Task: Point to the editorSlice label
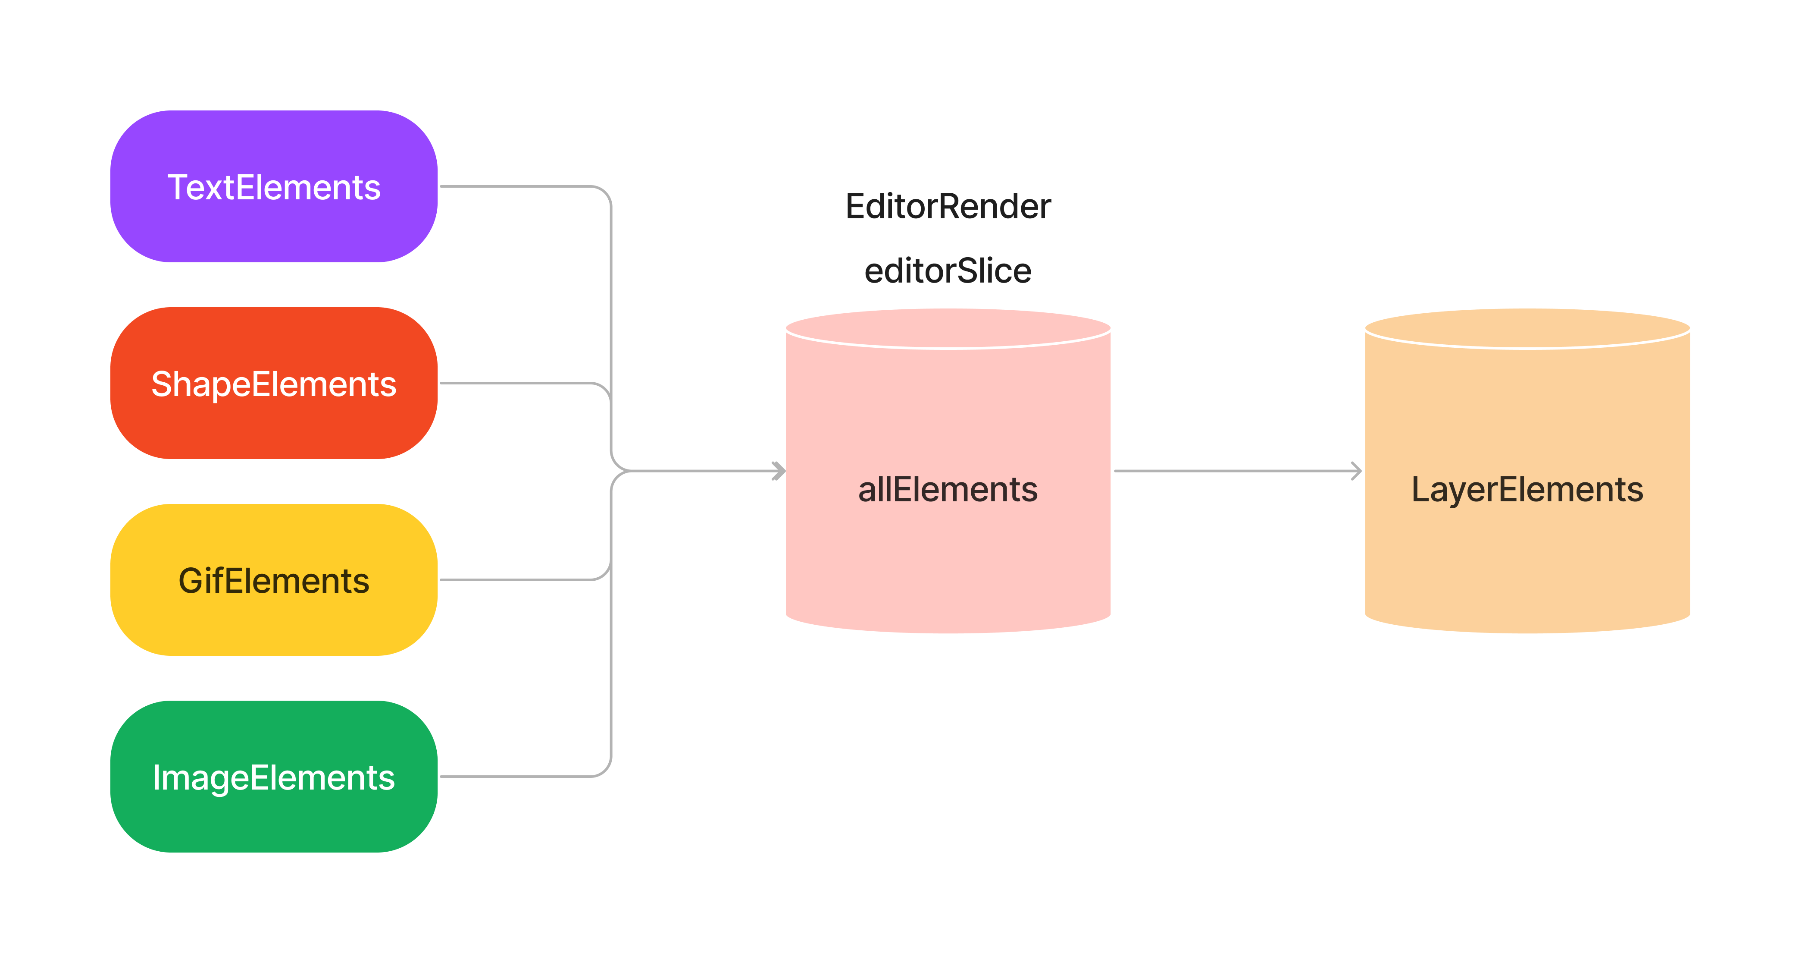[948, 271]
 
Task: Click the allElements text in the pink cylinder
[948, 489]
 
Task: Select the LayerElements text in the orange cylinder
[1527, 489]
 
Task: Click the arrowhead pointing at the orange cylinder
[1356, 471]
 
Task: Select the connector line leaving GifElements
[518, 579]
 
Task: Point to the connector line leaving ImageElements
[518, 776]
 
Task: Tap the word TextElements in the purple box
[273, 188]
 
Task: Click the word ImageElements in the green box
[273, 777]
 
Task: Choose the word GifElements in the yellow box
[273, 581]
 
